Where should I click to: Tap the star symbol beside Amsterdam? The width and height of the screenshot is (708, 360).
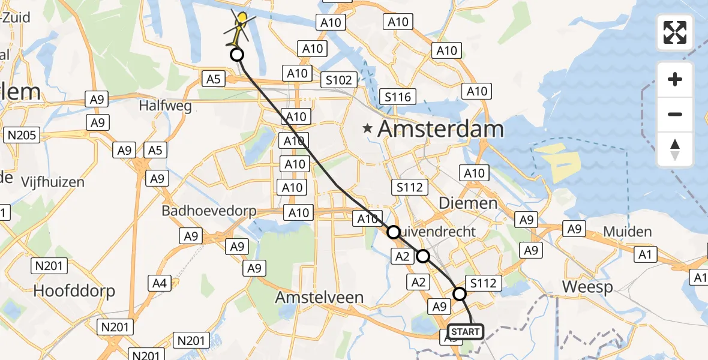368,128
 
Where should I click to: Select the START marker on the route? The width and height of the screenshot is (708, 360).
465,332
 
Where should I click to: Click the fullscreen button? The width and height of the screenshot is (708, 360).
675,32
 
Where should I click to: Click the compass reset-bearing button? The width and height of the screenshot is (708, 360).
675,149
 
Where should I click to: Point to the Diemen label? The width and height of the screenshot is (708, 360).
468,203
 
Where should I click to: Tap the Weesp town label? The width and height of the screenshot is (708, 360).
587,287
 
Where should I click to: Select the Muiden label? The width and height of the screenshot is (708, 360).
627,232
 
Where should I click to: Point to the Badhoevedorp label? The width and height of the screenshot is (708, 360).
209,211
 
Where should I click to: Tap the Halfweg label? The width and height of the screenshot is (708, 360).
165,106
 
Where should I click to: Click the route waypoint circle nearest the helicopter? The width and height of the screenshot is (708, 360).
237,55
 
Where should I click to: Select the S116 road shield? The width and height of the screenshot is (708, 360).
398,97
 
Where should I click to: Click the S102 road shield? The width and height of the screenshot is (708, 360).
340,79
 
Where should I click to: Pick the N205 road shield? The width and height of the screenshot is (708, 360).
22,135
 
